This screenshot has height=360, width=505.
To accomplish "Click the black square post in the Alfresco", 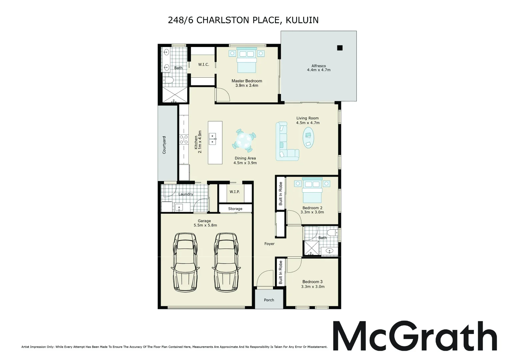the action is coord(340,48).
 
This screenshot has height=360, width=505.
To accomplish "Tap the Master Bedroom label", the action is coord(247,81).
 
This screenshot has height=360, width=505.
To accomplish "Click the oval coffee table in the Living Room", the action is coord(308,138).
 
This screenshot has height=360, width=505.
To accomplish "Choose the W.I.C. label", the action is coord(204,64).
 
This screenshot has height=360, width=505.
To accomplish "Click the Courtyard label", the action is coord(164,145).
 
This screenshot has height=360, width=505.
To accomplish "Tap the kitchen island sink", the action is coord(213,139).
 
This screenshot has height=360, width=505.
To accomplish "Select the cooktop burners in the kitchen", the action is coord(184,139).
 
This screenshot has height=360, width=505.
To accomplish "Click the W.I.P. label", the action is coord(235,192).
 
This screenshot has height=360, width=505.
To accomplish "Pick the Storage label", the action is coord(235,209).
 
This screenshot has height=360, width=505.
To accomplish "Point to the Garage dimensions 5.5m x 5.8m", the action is coord(205,225).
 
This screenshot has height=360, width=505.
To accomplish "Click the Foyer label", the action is coord(269,244).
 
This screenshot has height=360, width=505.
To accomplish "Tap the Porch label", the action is coord(269,300).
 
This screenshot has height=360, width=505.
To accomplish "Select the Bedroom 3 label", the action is coord(312,282).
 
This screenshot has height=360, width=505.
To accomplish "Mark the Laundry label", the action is coord(186,194).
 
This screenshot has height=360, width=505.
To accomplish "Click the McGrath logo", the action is coord(415,336).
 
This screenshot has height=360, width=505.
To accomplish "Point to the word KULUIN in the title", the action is coord(302,20).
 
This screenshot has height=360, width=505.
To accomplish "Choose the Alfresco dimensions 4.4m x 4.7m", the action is coord(319,70).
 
